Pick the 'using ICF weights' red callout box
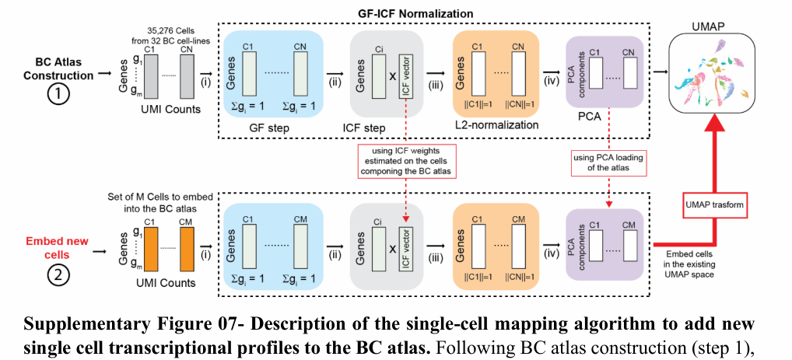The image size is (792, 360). point(405,159)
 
